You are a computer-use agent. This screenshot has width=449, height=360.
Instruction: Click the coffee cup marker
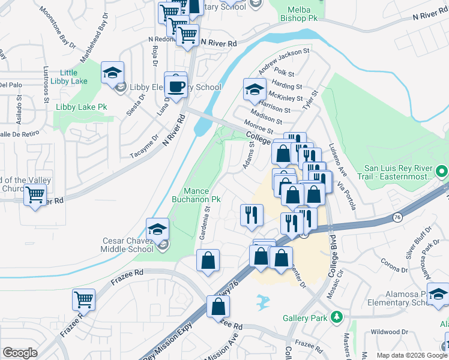(x=176, y=86)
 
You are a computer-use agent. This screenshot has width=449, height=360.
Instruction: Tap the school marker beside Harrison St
(x=255, y=90)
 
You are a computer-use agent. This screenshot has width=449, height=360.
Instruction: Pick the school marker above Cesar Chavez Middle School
(x=157, y=230)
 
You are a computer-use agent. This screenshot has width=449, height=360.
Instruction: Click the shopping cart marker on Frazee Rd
(x=83, y=299)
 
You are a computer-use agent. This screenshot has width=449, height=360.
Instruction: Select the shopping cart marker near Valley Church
(x=35, y=194)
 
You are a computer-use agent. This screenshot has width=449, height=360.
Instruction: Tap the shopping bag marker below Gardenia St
(x=208, y=260)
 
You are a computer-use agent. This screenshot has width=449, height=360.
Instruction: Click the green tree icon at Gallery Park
(x=337, y=316)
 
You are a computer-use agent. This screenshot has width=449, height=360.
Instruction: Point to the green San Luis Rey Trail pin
(x=442, y=172)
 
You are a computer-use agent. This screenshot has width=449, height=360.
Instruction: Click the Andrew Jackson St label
(x=283, y=58)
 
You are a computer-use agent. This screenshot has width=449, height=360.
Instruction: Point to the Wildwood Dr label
(x=388, y=331)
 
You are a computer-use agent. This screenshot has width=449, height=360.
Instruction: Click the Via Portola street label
(x=346, y=196)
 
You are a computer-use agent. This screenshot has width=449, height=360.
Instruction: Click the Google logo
(x=20, y=353)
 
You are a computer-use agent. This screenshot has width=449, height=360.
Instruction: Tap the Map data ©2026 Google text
(x=412, y=355)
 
